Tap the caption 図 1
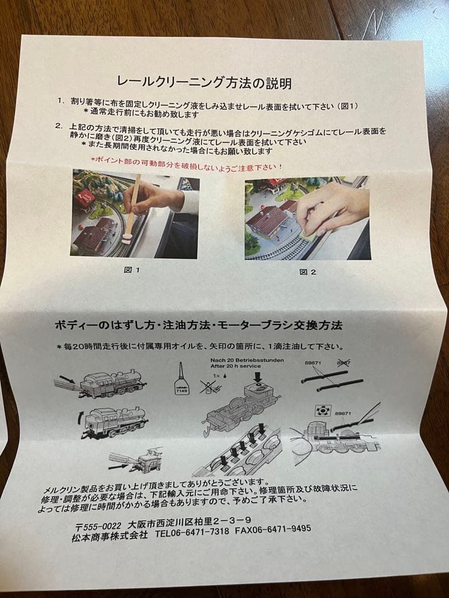132,271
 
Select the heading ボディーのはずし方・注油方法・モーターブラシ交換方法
198,325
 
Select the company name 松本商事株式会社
109,537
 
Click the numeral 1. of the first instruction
60,102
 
